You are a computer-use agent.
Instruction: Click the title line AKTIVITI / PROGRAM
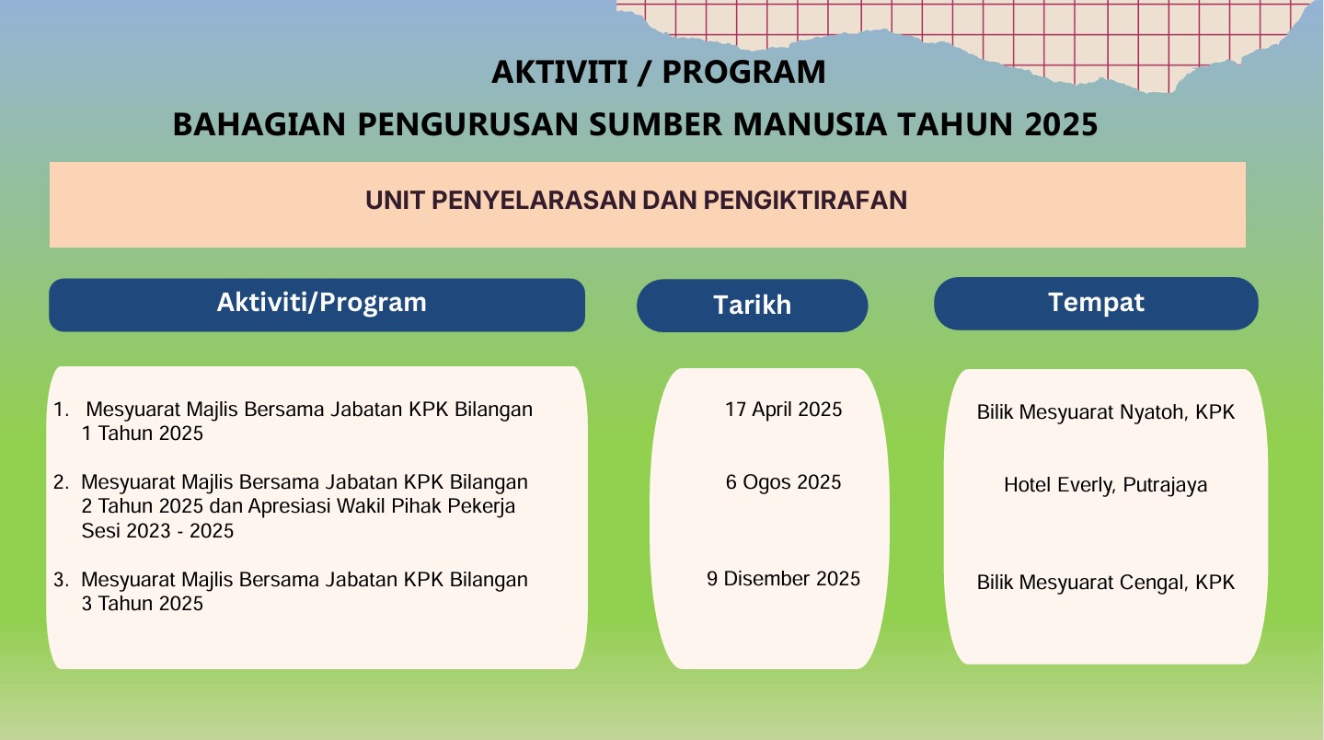(658, 72)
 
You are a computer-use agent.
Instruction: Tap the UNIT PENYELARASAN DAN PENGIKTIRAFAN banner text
(636, 201)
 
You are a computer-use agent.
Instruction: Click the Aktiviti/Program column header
(321, 303)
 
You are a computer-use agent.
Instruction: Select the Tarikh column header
(752, 306)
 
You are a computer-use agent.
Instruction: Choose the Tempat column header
(1096, 302)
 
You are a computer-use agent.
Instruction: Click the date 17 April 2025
(783, 410)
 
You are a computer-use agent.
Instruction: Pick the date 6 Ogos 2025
(783, 482)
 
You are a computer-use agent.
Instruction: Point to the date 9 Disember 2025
(783, 579)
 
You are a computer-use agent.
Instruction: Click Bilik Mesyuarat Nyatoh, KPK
(1105, 412)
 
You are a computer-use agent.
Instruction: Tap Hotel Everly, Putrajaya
(1105, 485)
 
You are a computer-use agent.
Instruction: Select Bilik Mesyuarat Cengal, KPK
(1105, 583)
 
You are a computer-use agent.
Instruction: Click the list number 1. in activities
(61, 410)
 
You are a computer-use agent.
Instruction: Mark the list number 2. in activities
(62, 482)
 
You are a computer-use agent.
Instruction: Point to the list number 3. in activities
(62, 580)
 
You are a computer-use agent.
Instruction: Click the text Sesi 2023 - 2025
(157, 531)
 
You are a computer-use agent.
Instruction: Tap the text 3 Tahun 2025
(142, 604)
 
